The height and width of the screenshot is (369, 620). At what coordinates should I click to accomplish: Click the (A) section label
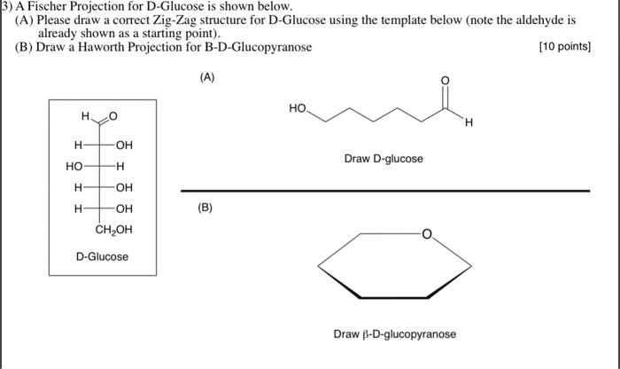pyautogui.click(x=206, y=77)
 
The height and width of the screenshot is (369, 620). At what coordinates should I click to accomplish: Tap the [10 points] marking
pyautogui.click(x=565, y=47)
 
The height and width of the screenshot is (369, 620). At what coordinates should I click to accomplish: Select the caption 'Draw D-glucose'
pyautogui.click(x=384, y=159)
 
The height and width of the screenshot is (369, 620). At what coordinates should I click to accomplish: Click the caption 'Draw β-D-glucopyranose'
pyautogui.click(x=395, y=334)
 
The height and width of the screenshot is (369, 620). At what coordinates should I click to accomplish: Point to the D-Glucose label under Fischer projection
pyautogui.click(x=102, y=257)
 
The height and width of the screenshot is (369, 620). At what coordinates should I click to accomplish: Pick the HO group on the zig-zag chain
pyautogui.click(x=298, y=108)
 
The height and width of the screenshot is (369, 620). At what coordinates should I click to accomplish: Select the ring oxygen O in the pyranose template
pyautogui.click(x=426, y=235)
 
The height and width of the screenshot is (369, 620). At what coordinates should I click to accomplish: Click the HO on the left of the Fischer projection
pyautogui.click(x=74, y=166)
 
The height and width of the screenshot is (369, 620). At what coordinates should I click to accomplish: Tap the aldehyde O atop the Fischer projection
pyautogui.click(x=112, y=116)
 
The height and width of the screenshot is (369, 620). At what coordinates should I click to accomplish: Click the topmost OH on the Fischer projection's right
pyautogui.click(x=123, y=145)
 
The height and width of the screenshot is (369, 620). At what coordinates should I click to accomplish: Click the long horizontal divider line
pyautogui.click(x=384, y=190)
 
